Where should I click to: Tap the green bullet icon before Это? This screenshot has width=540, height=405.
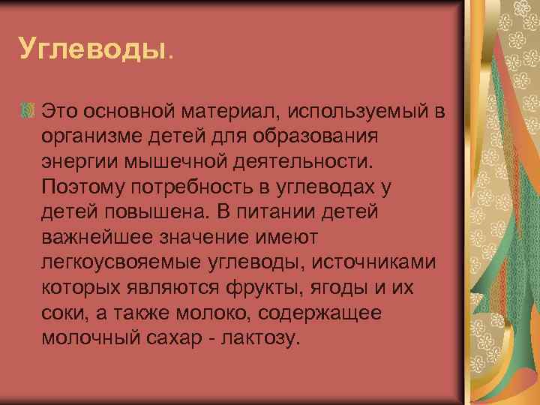[28, 112]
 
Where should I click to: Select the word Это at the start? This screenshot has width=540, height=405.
[62, 112]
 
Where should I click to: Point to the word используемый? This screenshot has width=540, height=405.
[369, 112]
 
